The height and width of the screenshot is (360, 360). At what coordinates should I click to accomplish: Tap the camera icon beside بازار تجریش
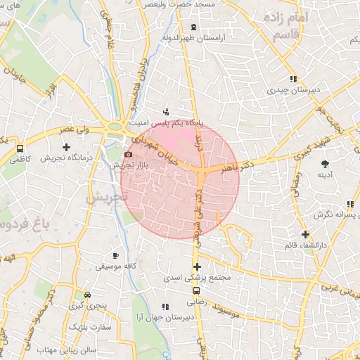(127, 155)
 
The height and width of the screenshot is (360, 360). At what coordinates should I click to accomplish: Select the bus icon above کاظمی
(20, 149)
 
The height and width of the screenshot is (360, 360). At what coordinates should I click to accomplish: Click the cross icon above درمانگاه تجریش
(67, 148)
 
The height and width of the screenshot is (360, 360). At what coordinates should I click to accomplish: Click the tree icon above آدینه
(324, 163)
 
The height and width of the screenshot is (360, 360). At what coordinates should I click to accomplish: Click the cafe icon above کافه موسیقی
(116, 256)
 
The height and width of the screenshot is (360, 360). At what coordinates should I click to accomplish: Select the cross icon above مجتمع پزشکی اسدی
(197, 266)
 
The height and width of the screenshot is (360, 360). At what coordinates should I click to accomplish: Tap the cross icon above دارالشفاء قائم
(304, 234)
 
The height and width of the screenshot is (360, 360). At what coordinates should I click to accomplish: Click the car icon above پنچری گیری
(86, 295)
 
